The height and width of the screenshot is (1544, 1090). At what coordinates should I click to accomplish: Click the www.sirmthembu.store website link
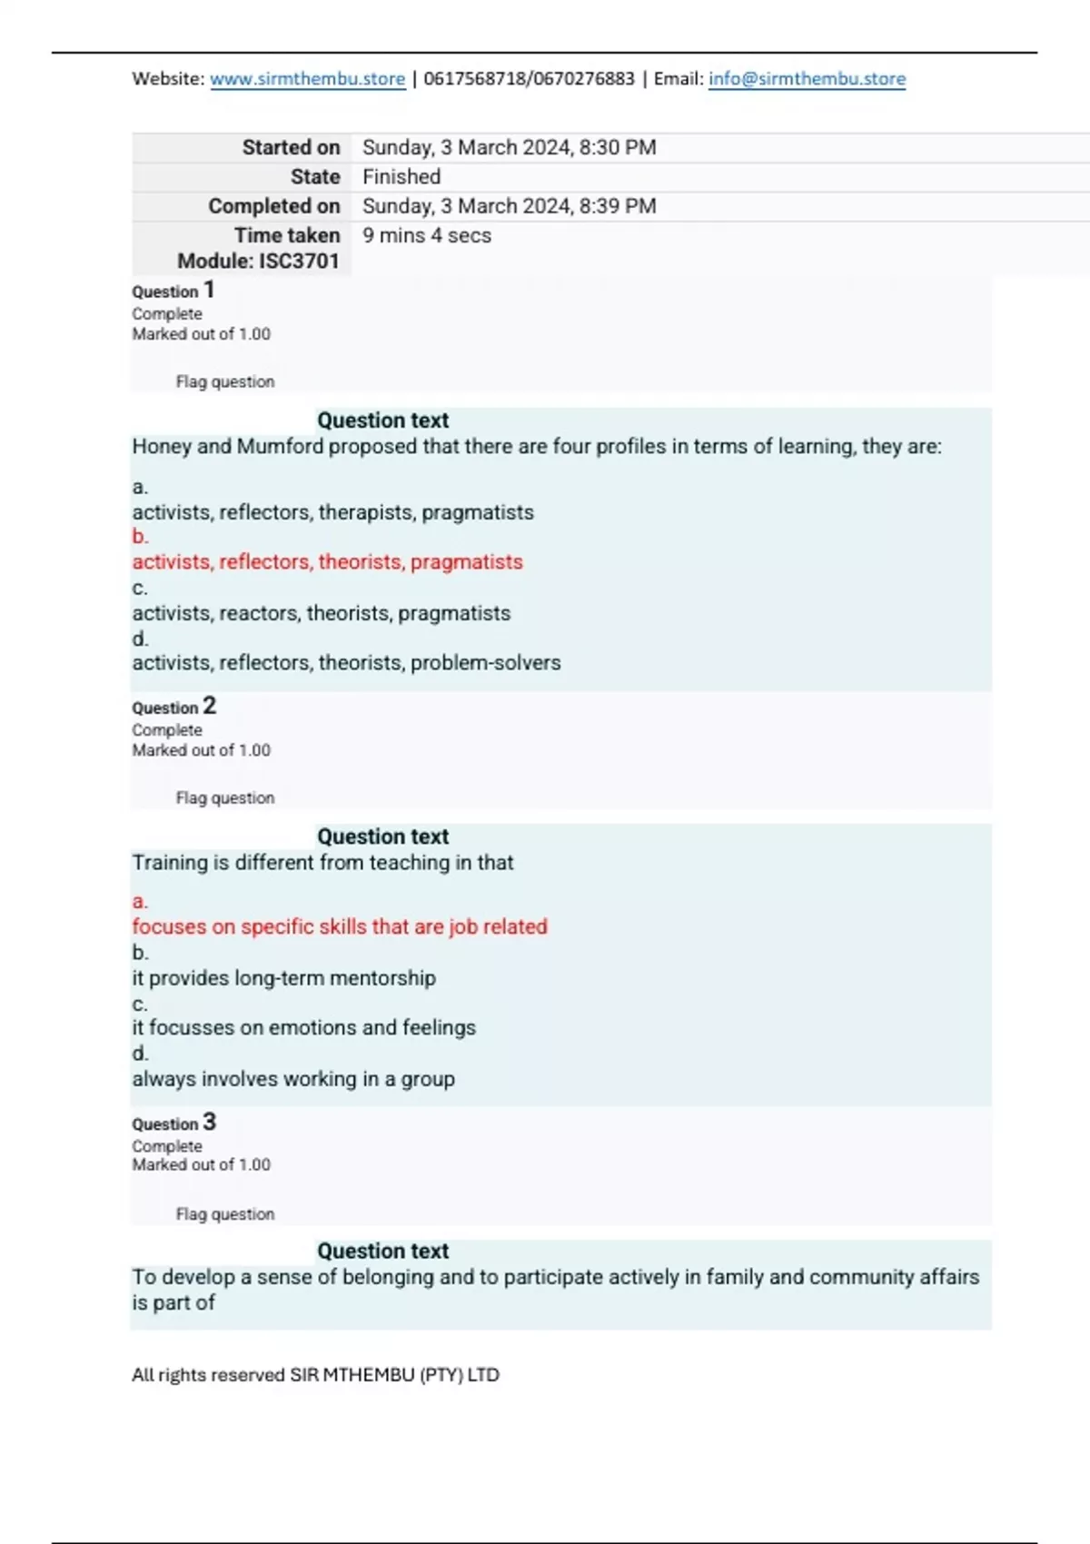[x=307, y=79]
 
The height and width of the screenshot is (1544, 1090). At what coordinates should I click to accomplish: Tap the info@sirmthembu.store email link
[x=807, y=79]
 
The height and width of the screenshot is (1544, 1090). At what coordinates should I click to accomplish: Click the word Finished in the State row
[x=401, y=176]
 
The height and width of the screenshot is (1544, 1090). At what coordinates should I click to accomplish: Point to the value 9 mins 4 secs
[x=427, y=235]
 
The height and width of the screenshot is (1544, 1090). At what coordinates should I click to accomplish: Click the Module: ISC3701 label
[x=258, y=262]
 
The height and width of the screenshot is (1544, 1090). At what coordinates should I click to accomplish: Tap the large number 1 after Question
[x=209, y=290]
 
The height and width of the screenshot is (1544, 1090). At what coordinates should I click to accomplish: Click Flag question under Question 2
[x=224, y=798]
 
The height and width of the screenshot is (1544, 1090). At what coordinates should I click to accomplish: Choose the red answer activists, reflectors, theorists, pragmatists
[x=327, y=562]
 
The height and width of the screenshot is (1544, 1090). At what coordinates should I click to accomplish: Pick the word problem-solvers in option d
[x=485, y=663]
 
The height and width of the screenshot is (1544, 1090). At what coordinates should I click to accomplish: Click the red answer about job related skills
[x=340, y=927]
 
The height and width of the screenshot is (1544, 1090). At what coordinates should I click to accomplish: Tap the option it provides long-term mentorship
[x=283, y=978]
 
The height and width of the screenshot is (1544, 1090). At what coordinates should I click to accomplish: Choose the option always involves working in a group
[x=293, y=1079]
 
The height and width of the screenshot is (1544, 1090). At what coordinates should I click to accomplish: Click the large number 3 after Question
[x=210, y=1122]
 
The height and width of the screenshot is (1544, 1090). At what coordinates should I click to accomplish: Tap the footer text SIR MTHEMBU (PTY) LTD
[x=394, y=1375]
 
